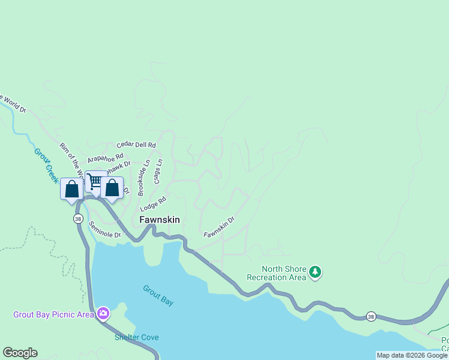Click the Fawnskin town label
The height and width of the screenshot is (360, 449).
coord(160,220)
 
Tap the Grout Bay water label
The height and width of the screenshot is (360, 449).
coord(158,295)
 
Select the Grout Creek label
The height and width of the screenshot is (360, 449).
coord(46,165)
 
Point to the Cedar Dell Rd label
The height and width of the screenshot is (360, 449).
coord(136,145)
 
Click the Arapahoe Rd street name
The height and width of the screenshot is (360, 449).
coord(105,158)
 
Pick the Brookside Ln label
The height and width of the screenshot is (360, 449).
coord(143,178)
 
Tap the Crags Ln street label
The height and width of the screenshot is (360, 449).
coord(159,171)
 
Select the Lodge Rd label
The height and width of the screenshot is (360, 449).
coord(153,203)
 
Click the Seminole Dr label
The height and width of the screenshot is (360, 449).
coord(105,230)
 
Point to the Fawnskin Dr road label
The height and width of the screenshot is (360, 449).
coord(218,227)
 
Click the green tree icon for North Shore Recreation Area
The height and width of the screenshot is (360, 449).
coord(315,273)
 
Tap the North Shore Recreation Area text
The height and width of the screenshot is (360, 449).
coord(276,274)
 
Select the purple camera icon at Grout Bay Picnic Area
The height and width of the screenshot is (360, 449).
coord(103,313)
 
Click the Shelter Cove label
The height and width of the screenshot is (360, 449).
coord(137,337)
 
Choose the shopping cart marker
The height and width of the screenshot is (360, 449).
coord(95,180)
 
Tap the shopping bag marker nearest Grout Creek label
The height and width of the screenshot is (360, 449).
coord(72,189)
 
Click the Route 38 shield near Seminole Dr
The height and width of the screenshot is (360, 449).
coord(79,219)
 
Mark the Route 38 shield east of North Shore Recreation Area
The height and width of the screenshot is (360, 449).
coord(372,316)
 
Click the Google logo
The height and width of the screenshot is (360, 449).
coord(20,353)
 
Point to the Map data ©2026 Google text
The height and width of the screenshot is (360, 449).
coord(412,355)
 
